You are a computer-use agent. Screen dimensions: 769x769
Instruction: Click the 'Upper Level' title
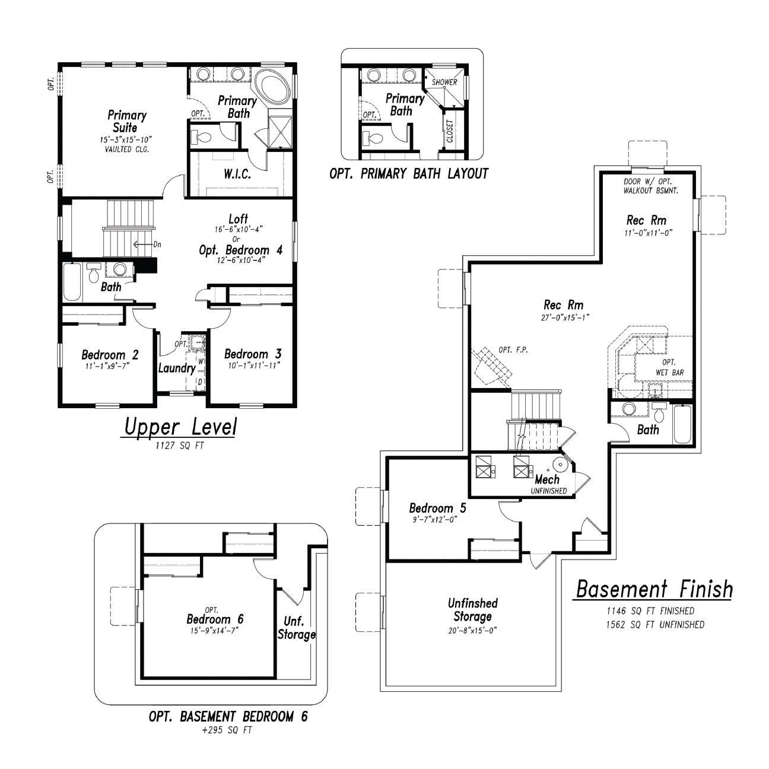180,427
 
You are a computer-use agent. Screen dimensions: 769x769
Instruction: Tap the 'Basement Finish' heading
654,589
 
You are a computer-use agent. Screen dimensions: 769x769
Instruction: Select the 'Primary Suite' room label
126,122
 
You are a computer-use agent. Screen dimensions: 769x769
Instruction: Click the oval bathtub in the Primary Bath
272,87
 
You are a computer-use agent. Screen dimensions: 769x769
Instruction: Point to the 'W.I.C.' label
237,174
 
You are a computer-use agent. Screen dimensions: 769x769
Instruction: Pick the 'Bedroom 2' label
110,354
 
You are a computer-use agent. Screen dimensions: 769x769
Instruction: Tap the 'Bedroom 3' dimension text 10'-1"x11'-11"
254,365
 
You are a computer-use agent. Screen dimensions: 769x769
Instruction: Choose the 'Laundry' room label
177,368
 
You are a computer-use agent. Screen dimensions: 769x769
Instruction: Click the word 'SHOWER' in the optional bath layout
444,82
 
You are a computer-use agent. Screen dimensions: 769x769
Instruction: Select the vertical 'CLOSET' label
450,131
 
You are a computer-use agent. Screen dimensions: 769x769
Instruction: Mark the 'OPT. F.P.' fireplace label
513,350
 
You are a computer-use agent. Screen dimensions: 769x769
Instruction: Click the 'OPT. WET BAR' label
670,367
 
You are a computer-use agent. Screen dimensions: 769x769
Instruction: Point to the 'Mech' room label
547,479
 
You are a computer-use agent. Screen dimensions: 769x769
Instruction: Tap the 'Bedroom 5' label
437,508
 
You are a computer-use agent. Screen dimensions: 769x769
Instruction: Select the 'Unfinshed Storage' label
472,610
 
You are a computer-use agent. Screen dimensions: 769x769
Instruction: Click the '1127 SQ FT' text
180,446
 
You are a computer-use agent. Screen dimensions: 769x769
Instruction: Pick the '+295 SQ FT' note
227,730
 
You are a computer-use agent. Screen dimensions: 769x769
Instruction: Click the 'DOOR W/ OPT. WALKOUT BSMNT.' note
651,186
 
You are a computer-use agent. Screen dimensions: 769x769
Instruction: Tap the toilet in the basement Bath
659,412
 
